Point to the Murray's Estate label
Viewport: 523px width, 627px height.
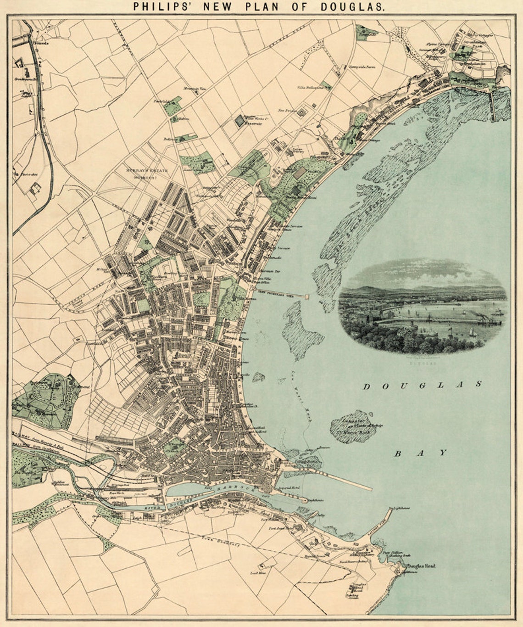coord(145,171)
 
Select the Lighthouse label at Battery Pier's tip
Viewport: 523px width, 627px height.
coord(400,508)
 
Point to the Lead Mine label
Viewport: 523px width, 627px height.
coord(256,573)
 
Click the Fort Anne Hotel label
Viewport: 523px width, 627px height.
coord(280,528)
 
